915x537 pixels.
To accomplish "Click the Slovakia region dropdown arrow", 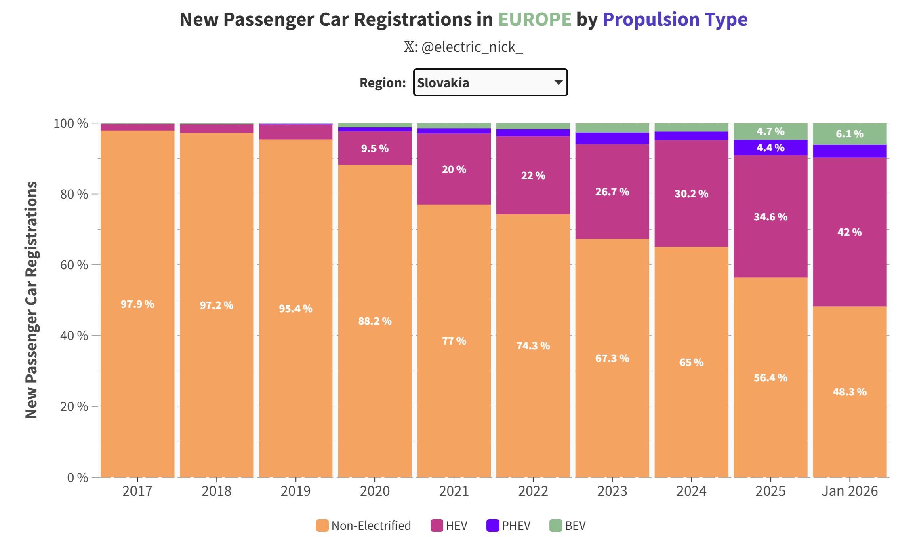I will click(558, 82).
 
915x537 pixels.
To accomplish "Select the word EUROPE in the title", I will click(534, 19).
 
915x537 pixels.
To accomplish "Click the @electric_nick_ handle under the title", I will click(471, 47).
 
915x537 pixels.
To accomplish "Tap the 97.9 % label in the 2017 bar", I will click(137, 304).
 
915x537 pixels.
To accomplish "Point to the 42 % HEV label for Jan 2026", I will click(850, 232).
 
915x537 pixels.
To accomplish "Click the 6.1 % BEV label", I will click(850, 134).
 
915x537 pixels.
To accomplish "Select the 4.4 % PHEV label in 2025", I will click(770, 148).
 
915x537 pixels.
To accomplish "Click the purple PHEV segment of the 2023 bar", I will click(612, 138).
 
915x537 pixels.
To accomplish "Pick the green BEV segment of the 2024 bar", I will click(691, 127).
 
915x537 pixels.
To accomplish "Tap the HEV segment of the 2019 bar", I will click(296, 132).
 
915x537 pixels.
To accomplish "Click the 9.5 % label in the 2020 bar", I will click(375, 148).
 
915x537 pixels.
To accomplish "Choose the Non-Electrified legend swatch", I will click(322, 526).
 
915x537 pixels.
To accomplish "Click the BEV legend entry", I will click(568, 526).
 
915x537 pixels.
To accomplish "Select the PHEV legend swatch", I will click(493, 526).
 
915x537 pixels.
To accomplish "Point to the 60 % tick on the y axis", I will click(74, 265).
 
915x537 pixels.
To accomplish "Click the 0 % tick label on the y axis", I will click(78, 478).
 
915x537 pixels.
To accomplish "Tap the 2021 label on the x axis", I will click(454, 491).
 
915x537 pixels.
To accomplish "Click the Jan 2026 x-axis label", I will click(850, 491).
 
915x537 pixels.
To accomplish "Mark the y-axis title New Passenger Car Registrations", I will click(32, 300).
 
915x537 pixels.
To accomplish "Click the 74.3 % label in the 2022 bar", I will click(533, 346).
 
